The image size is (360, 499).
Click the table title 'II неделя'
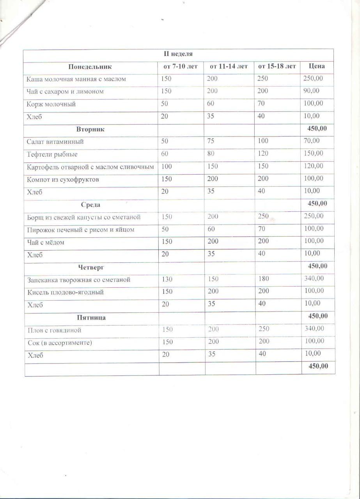click(x=178, y=54)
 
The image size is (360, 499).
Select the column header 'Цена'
click(x=316, y=66)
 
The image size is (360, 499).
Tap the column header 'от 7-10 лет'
click(x=180, y=67)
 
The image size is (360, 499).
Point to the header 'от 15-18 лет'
click(x=277, y=66)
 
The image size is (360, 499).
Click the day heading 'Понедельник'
click(x=90, y=67)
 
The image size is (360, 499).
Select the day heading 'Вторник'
click(x=90, y=129)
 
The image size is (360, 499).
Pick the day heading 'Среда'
click(x=90, y=204)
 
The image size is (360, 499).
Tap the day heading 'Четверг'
click(x=91, y=267)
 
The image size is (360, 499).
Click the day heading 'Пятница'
click(x=91, y=317)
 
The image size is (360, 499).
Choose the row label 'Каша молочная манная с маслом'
click(x=76, y=79)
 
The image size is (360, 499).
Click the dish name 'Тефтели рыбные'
click(x=52, y=154)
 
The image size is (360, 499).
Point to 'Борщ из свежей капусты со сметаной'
click(x=84, y=217)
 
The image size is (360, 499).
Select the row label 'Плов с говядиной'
click(x=55, y=330)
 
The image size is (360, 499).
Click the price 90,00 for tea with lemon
click(x=311, y=91)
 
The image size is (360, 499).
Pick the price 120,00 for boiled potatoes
click(x=314, y=166)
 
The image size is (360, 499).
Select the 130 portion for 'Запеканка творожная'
click(x=167, y=279)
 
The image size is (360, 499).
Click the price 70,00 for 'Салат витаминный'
click(x=311, y=141)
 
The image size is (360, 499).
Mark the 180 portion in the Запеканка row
click(x=263, y=279)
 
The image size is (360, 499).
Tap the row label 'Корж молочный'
click(x=51, y=104)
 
